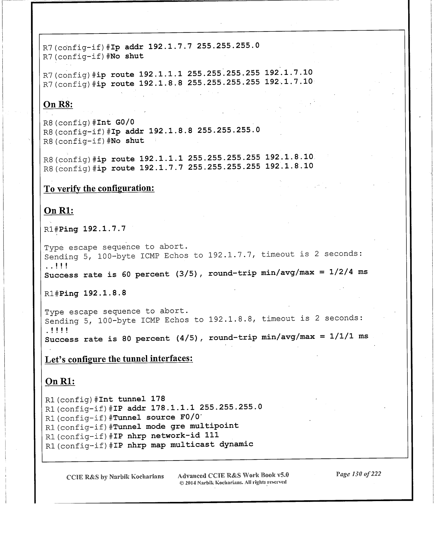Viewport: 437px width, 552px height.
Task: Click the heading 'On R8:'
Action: [x=58, y=104]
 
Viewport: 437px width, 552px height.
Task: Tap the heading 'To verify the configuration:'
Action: [x=99, y=188]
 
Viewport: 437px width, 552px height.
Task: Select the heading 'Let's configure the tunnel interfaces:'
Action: [x=119, y=359]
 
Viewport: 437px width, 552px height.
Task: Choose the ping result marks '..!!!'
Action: [x=57, y=266]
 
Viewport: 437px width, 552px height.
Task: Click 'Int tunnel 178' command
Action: [x=132, y=399]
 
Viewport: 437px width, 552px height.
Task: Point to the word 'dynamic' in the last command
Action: [x=236, y=444]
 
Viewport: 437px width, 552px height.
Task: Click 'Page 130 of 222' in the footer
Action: [x=358, y=474]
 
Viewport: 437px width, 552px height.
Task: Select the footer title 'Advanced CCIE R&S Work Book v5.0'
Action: [x=233, y=475]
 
